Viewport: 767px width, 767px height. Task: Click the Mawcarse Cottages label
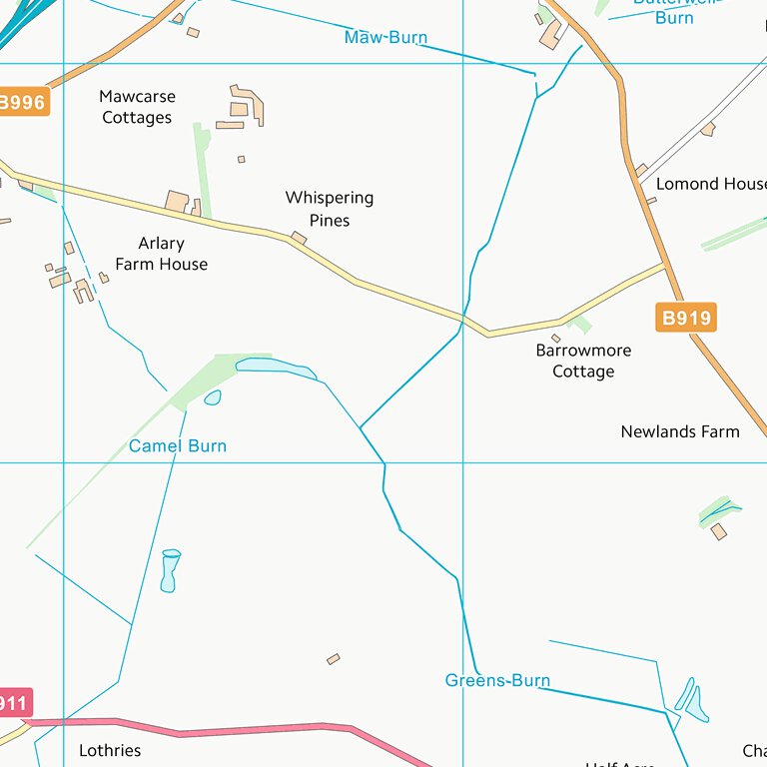point(137,107)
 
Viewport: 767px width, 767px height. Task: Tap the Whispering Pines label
point(329,209)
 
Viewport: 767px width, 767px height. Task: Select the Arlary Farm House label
point(161,254)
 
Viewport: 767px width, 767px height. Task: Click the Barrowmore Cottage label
point(583,361)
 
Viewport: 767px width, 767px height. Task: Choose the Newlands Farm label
point(680,431)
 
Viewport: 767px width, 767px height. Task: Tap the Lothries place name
point(110,750)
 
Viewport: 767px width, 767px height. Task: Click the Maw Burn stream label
point(385,38)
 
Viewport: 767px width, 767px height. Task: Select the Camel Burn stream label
point(178,446)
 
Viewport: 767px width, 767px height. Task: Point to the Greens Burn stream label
point(497,681)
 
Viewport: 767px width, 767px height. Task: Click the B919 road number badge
point(686,319)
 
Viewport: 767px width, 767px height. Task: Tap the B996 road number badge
point(22,102)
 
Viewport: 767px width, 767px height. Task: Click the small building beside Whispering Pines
point(299,238)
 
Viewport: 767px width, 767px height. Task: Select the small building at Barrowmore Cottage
point(556,339)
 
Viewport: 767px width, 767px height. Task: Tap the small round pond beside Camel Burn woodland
point(213,397)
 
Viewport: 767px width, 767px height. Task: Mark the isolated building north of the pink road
point(334,659)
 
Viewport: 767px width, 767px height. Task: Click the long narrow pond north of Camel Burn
point(276,369)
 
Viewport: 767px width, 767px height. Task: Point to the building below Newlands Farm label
point(719,531)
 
